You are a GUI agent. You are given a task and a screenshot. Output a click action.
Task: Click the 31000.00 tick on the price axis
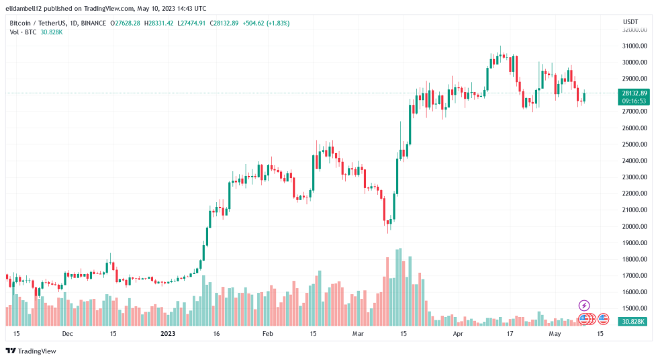[634, 46]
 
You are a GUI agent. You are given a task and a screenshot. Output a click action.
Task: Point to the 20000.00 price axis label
[634, 226]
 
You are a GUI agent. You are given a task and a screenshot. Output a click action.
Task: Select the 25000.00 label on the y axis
[634, 144]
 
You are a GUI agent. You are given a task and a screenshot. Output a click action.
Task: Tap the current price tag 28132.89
[634, 93]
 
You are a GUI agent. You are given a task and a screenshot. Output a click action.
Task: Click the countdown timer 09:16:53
[634, 101]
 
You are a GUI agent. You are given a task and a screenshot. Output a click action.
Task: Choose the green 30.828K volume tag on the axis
[634, 322]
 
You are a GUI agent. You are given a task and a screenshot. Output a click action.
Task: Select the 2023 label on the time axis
[167, 333]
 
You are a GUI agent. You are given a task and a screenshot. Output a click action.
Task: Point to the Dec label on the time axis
[67, 333]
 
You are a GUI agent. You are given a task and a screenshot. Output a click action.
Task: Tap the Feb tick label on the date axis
[267, 333]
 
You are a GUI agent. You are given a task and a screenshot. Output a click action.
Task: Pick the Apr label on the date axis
[458, 333]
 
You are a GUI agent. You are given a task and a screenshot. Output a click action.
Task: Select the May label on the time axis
[555, 333]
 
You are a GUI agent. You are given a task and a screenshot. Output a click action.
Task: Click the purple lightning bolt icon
[584, 306]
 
